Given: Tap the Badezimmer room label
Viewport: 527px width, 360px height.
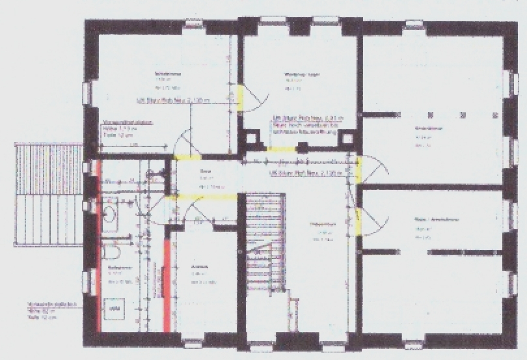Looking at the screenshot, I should (116, 268).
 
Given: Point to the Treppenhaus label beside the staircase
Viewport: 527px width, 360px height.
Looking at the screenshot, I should (320, 224).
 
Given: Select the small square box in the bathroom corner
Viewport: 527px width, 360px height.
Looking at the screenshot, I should (116, 307).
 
